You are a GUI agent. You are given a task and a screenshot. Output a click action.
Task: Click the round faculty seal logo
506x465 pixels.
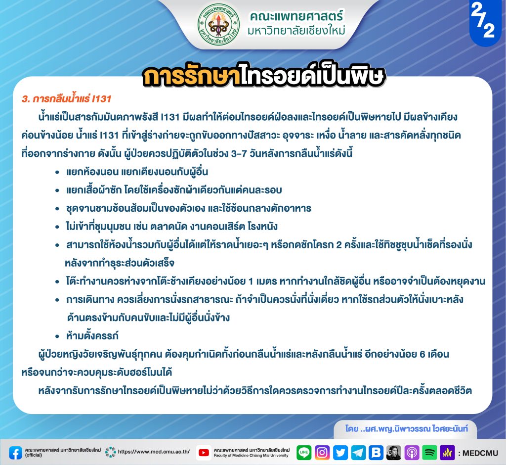219,24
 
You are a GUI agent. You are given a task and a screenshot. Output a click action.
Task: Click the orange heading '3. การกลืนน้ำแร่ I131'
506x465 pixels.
67,98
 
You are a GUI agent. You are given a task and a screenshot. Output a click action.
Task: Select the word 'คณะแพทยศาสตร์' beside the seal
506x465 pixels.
296,16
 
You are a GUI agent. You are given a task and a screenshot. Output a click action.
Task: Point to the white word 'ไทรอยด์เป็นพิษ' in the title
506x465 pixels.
312,77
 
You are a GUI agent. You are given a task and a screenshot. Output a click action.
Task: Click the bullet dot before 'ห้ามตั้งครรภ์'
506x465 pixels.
57,336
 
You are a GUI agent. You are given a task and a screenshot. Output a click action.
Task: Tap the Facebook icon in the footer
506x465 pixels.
15,453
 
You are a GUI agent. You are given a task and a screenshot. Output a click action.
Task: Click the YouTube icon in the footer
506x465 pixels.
203,453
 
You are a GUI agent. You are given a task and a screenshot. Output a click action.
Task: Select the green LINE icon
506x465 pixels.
304,453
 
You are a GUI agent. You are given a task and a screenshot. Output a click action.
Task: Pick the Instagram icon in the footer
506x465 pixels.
322,453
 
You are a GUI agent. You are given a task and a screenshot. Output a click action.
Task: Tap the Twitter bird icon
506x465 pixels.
340,453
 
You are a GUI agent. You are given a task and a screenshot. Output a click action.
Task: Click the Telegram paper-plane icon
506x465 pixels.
358,453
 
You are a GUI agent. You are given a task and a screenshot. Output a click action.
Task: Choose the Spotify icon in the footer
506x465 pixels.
429,453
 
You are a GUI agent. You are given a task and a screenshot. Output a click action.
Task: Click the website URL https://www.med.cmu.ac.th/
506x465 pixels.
154,452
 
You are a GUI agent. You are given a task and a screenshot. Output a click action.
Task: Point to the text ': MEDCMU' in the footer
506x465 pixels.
478,453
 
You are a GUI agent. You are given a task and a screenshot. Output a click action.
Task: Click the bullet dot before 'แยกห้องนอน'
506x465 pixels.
57,172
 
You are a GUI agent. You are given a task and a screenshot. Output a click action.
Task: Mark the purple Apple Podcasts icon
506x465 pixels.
412,453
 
